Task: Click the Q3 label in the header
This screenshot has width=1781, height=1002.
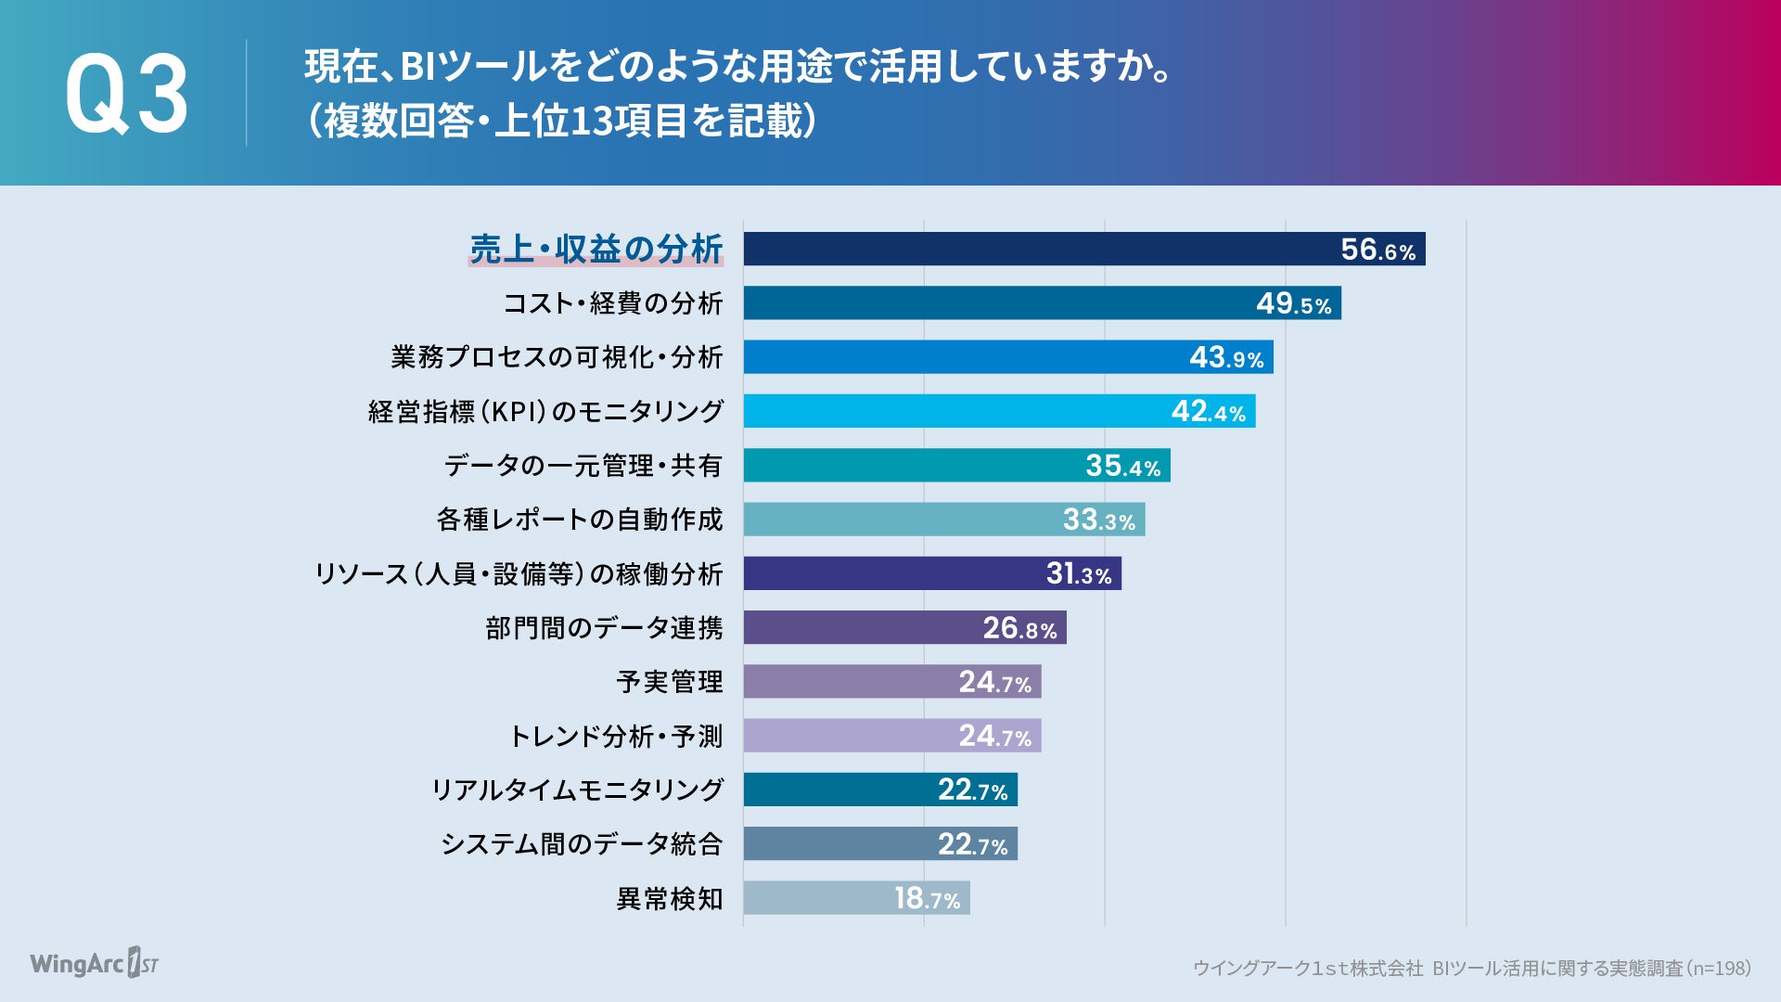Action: pos(126,95)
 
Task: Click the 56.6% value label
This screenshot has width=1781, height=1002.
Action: pos(1377,250)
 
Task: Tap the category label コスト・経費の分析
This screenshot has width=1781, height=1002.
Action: pos(612,303)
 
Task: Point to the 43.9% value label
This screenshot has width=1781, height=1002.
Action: pos(1226,357)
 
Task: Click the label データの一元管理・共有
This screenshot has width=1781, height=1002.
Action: pos(583,466)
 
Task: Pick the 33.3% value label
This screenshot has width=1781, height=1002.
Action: pos(1098,520)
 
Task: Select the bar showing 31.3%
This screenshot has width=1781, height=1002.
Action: pos(890,573)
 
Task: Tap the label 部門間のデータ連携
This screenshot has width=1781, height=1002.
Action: pos(604,628)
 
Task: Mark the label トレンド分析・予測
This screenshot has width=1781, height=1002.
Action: pos(616,737)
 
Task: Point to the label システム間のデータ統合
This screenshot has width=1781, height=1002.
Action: pos(582,844)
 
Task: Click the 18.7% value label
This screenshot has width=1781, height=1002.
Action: pos(927,898)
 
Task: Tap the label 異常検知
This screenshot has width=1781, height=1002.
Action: pos(670,899)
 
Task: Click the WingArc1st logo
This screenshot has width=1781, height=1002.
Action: pos(94,964)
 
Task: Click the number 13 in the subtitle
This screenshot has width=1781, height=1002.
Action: pos(591,122)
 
